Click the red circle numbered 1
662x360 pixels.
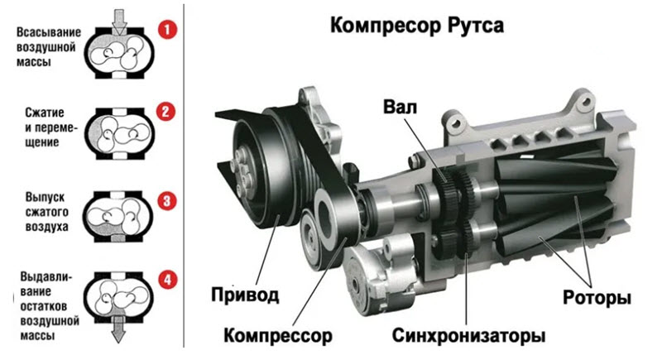[x=167, y=30]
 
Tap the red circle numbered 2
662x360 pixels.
[x=165, y=112]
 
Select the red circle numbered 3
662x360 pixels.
[x=167, y=201]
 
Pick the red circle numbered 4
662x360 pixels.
[x=168, y=280]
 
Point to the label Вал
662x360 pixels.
[x=400, y=107]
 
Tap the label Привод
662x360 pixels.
[x=245, y=295]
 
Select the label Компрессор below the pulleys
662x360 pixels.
[x=278, y=335]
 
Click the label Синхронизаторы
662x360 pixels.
[x=468, y=335]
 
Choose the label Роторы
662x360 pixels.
[x=597, y=298]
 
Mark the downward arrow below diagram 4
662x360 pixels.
[x=118, y=328]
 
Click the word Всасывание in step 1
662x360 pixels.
[x=49, y=32]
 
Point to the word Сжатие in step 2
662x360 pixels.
[x=45, y=113]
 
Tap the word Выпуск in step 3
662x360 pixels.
[x=46, y=197]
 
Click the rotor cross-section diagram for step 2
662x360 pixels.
[x=119, y=133]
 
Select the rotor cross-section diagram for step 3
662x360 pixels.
[x=118, y=216]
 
